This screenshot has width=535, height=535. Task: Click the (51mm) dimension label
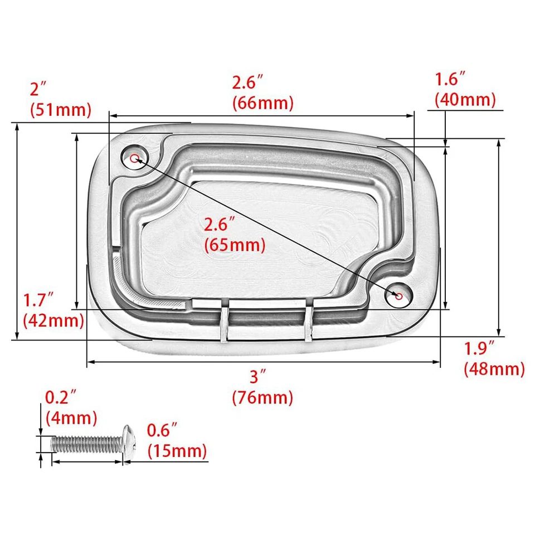click(x=61, y=109)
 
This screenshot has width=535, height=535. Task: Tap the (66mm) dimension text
click(x=263, y=103)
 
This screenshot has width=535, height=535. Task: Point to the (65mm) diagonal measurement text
click(x=235, y=244)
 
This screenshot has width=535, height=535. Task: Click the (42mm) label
click(x=53, y=320)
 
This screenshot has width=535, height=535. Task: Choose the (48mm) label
click(x=494, y=368)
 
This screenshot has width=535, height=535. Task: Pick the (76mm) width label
click(x=262, y=398)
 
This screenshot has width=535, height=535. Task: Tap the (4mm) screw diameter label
click(x=71, y=417)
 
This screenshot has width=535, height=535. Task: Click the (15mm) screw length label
click(x=177, y=450)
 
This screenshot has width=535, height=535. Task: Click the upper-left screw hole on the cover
click(x=134, y=158)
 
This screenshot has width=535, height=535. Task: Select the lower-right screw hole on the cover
click(x=398, y=297)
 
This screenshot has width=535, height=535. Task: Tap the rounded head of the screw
click(x=128, y=442)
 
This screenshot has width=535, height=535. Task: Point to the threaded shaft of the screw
click(x=86, y=444)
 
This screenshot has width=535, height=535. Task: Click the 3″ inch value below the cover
click(x=255, y=377)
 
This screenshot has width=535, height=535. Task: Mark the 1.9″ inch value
click(x=480, y=349)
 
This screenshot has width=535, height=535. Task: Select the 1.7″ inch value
click(x=38, y=302)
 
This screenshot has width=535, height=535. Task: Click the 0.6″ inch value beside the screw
click(x=162, y=430)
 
